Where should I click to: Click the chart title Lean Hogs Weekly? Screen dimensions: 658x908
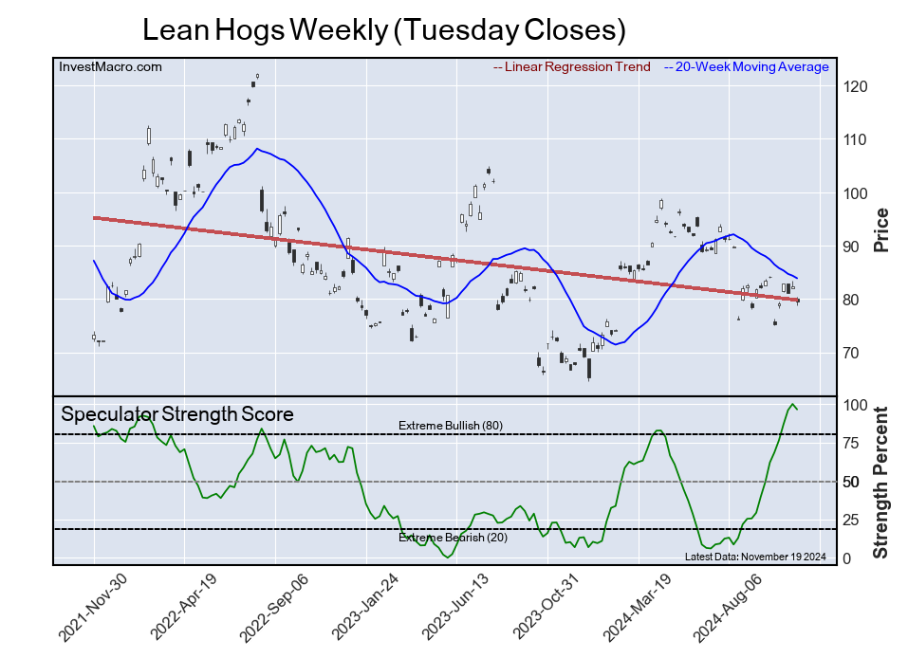click(x=383, y=29)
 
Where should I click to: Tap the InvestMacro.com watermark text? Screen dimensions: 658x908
click(x=110, y=66)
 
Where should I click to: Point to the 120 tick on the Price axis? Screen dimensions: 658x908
click(x=856, y=87)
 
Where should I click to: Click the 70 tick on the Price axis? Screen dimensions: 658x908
click(x=852, y=354)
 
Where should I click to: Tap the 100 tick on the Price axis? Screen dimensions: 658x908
click(x=856, y=193)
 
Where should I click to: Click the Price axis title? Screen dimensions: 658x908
click(x=881, y=228)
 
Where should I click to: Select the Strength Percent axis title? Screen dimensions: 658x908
click(x=881, y=482)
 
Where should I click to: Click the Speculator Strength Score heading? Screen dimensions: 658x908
click(x=176, y=414)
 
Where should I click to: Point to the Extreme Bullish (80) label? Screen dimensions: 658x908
click(x=450, y=425)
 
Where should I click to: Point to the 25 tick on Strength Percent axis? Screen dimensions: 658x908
click(x=852, y=521)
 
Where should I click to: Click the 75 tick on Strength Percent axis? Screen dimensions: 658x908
click(x=852, y=443)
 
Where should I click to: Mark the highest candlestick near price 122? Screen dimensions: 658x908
click(x=257, y=76)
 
